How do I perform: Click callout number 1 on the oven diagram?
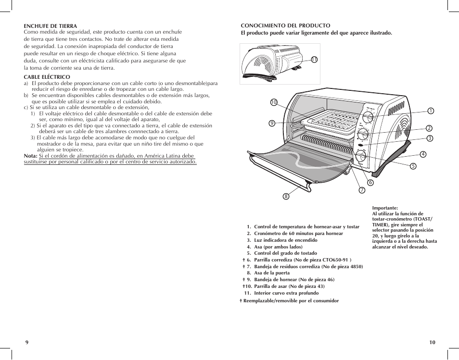pyautogui.click(x=431, y=111)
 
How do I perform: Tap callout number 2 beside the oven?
pyautogui.click(x=429, y=128)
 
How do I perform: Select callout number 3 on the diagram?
pyautogui.click(x=430, y=138)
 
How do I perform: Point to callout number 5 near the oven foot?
pyautogui.click(x=413, y=166)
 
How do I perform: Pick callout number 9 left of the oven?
pyautogui.click(x=272, y=123)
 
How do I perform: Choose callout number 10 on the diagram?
pyautogui.click(x=274, y=102)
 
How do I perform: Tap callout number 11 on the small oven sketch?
pyautogui.click(x=314, y=60)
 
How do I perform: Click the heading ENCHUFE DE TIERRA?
pyautogui.click(x=51, y=26)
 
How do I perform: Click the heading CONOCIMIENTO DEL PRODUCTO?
pyautogui.click(x=285, y=25)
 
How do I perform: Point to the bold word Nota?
pyautogui.click(x=31, y=156)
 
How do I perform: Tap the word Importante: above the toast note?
pyautogui.click(x=385, y=209)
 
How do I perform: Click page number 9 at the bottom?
pyautogui.click(x=27, y=342)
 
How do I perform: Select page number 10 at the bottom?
pyautogui.click(x=432, y=342)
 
